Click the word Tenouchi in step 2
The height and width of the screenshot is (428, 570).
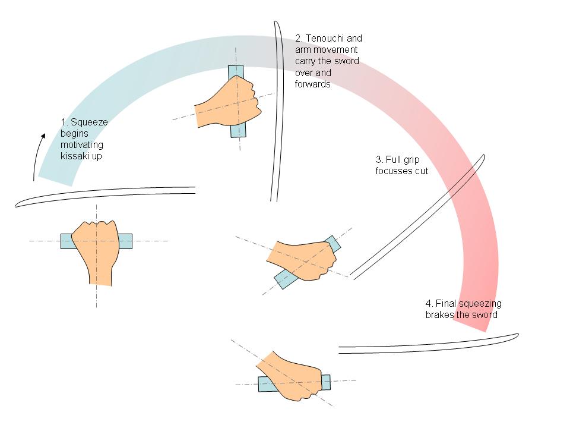(x=325, y=39)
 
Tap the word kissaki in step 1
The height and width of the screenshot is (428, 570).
(x=74, y=156)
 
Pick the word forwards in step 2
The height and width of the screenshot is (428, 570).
(x=312, y=84)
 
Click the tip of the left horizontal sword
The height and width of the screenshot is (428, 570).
(x=18, y=205)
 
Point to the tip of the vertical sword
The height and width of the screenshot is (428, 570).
(x=276, y=24)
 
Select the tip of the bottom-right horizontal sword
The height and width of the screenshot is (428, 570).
(x=517, y=336)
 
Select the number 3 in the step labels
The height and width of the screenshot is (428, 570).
(x=379, y=160)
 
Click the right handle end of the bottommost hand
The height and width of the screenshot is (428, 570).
(x=326, y=380)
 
